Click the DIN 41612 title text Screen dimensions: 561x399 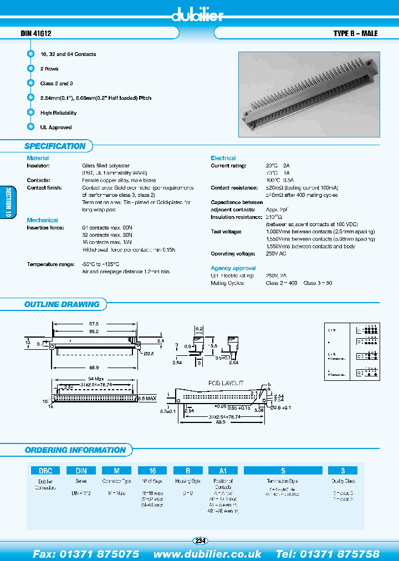tap(36, 34)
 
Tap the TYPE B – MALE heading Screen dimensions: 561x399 tap(355, 34)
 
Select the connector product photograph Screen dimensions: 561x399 tap(309, 94)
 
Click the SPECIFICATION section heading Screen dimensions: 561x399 tap(55, 146)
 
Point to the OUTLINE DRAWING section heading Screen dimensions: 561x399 tap(62, 304)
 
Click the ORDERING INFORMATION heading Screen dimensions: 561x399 tap(75, 450)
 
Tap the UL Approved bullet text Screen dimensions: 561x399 tap(56, 127)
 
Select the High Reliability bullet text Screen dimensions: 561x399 tap(58, 113)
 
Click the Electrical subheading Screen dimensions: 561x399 tap(223, 158)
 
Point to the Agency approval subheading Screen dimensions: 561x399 tap(233, 268)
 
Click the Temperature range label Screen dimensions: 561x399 tap(49, 264)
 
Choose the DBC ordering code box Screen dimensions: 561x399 tap(45, 470)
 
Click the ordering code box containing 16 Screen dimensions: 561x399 tap(151, 470)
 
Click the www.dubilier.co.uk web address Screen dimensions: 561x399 tap(207, 554)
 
